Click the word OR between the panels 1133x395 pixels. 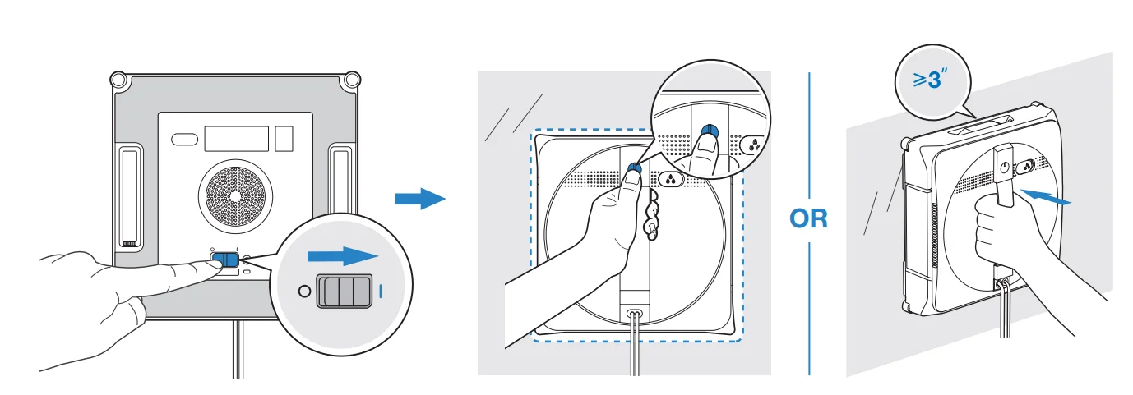pos(809,219)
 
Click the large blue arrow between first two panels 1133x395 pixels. pos(419,198)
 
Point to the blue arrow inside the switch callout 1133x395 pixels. pos(343,256)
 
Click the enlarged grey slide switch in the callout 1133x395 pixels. pos(345,291)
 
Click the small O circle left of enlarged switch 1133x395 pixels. pos(305,291)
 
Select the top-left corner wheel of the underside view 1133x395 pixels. pos(119,80)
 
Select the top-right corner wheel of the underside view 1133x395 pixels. pos(352,80)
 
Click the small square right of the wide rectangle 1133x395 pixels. pos(284,138)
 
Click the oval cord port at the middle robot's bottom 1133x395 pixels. pos(633,314)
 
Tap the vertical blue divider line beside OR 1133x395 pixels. pos(809,148)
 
